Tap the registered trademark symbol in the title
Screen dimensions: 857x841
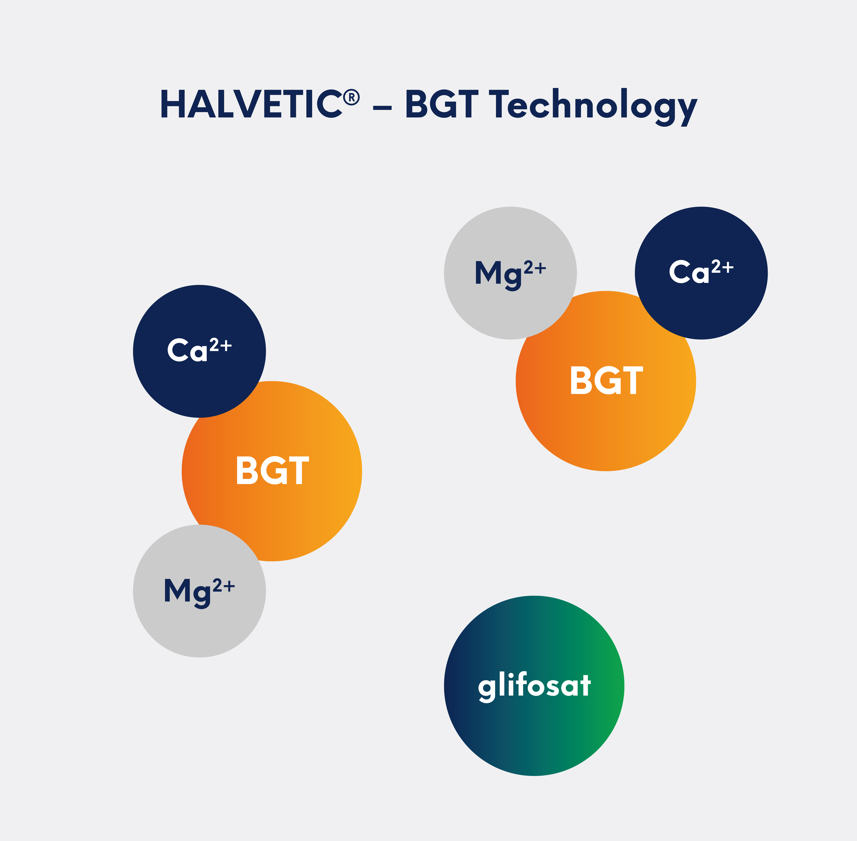point(352,97)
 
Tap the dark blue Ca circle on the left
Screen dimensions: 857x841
point(199,351)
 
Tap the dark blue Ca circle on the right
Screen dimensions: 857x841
point(701,273)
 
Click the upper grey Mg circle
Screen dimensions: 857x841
point(510,273)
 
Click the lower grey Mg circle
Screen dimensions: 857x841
point(199,591)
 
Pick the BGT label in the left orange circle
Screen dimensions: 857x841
point(272,470)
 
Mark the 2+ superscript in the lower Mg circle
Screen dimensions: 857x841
point(224,586)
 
